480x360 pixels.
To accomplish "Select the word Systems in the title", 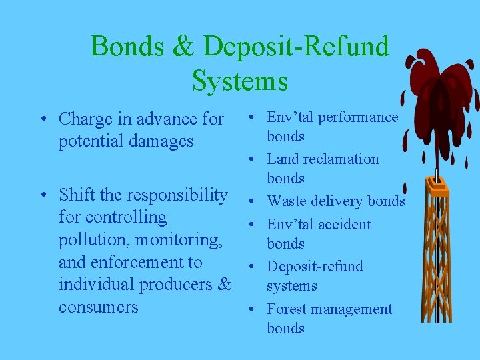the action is click(240, 81).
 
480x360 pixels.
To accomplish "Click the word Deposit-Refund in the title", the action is click(297, 47).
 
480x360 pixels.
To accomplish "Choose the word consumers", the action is click(99, 307).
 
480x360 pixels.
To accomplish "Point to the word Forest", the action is click(287, 309).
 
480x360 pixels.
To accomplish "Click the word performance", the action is click(357, 117).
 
